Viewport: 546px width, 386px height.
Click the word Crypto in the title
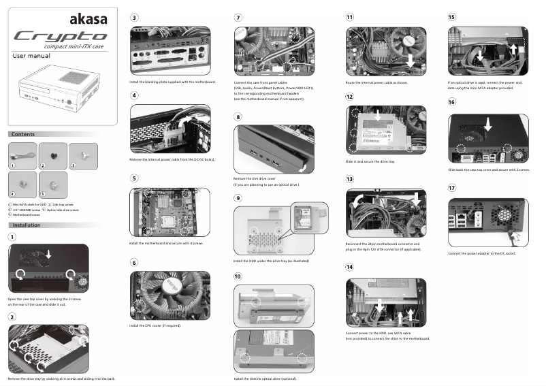click(61, 36)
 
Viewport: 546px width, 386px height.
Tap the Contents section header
click(23, 135)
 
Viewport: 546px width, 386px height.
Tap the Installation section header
click(27, 224)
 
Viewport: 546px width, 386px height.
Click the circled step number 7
click(238, 17)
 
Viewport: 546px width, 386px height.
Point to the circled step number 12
click(350, 97)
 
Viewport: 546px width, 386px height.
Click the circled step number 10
click(238, 276)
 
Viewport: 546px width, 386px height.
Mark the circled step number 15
click(452, 17)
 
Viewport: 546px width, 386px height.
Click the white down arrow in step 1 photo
click(48, 253)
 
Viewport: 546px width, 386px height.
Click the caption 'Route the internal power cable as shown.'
click(376, 82)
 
